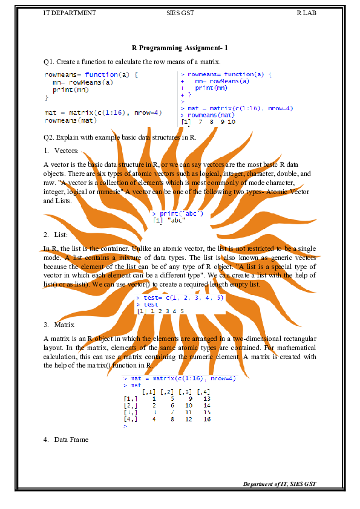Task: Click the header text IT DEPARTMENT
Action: (x=70, y=12)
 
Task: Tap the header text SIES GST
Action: (x=180, y=12)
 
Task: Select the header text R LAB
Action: (x=306, y=12)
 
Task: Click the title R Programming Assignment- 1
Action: (x=180, y=48)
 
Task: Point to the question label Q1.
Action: (x=49, y=62)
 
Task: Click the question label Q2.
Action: (x=49, y=137)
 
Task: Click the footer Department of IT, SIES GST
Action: (x=280, y=484)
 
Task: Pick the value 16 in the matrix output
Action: (x=206, y=419)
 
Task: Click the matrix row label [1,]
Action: (x=130, y=399)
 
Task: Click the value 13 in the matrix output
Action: (x=206, y=399)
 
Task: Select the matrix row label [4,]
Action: (x=130, y=419)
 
